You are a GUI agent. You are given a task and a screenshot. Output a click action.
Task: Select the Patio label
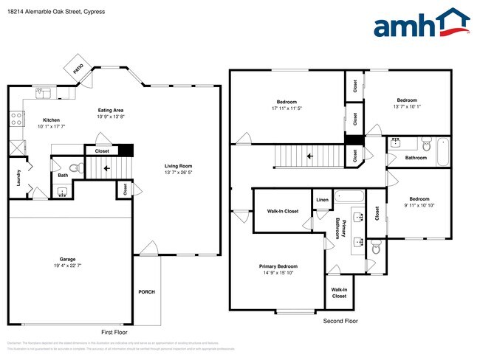pos(78,68)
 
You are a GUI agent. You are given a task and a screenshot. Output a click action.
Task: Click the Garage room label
pos(68,259)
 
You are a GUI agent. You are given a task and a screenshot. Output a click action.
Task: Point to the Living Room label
pos(178,166)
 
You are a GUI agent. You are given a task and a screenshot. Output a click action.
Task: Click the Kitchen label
pos(51,120)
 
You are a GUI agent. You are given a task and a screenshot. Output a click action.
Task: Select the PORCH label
pos(146,292)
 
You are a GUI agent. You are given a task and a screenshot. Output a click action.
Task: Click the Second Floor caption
pos(340,322)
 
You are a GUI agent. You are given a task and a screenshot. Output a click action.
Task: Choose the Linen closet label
pos(322,200)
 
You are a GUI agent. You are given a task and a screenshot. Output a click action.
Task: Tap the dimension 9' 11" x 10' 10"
pos(419,205)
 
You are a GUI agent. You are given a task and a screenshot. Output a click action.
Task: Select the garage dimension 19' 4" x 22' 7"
pos(68,266)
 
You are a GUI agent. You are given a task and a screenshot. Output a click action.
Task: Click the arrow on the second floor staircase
pos(309,156)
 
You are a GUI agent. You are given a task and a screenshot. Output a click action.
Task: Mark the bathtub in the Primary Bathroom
pos(349,196)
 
